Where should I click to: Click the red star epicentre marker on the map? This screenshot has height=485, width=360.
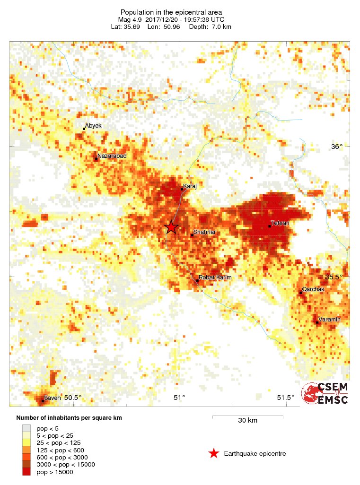[x=171, y=227]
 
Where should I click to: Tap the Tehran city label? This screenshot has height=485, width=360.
[x=280, y=223]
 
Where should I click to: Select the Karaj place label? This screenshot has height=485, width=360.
[x=190, y=186]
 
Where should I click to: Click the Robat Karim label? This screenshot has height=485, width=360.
[x=215, y=277]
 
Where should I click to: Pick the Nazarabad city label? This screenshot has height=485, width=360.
[x=112, y=156]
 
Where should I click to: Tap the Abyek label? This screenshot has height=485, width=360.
[x=93, y=126]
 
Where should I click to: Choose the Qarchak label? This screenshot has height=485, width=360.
[x=313, y=289]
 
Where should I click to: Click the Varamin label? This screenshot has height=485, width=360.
[x=329, y=320]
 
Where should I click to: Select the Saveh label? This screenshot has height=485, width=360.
[x=53, y=398]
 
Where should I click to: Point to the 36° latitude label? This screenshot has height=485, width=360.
[x=336, y=147]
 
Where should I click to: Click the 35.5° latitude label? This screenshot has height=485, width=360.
[x=333, y=277]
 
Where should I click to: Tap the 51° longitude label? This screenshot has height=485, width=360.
[x=179, y=398]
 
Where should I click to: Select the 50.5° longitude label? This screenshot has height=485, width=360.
[x=73, y=398]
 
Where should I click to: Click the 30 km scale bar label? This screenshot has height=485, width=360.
[x=247, y=421]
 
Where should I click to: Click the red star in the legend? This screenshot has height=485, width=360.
[x=214, y=454]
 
